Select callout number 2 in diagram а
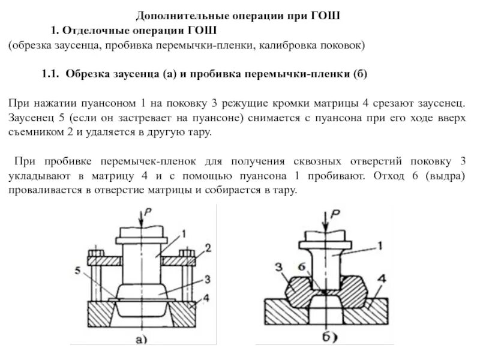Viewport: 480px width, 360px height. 208,247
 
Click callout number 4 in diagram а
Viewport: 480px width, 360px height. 206,298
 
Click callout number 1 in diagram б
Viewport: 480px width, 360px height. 380,244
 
